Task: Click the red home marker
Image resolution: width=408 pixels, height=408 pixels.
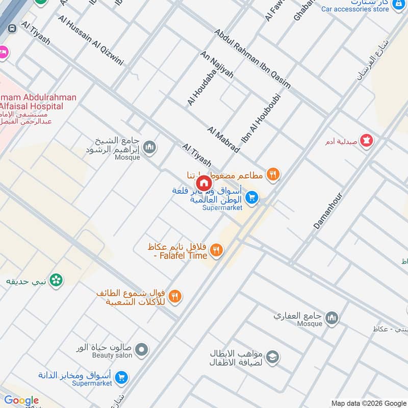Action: [203, 183]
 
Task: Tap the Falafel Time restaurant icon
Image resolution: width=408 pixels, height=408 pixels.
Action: [217, 250]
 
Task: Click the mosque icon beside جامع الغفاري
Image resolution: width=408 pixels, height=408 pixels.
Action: [332, 318]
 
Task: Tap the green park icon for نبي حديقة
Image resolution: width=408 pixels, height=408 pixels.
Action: [57, 279]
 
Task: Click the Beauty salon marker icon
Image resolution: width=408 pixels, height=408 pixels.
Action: [142, 350]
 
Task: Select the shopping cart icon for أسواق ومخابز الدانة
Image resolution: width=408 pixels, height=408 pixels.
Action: [121, 377]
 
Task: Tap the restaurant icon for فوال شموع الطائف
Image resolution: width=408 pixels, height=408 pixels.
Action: [175, 296]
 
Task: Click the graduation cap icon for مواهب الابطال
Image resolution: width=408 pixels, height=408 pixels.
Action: [273, 356]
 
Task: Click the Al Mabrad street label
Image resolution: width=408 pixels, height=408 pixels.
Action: [223, 139]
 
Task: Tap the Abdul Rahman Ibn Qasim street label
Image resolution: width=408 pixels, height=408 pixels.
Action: [252, 58]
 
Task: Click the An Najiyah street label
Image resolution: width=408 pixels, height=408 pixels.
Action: [217, 64]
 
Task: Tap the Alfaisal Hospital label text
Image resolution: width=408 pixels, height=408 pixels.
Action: [32, 106]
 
